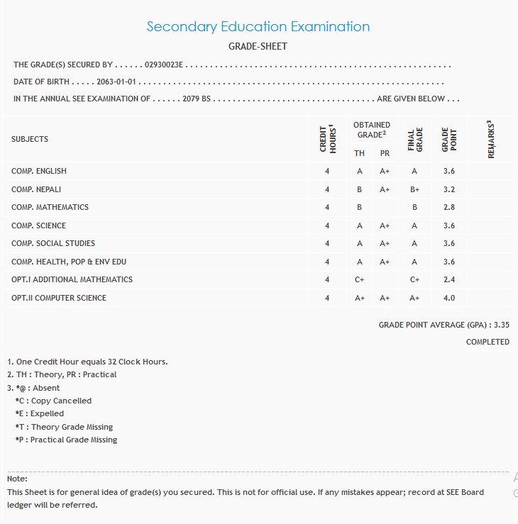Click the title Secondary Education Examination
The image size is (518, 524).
point(258,27)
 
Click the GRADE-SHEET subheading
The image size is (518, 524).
point(258,47)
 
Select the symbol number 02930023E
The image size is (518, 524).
point(164,65)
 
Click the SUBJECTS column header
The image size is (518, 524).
point(30,139)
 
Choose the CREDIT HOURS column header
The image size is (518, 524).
point(327,139)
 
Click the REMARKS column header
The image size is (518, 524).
point(490,139)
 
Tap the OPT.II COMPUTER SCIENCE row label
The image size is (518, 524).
point(59,298)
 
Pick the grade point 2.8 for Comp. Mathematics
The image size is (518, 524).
point(448,208)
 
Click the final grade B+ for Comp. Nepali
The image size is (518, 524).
point(414,190)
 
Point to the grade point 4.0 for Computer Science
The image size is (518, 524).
point(448,299)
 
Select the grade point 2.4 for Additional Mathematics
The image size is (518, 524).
point(448,280)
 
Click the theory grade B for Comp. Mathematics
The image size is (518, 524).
point(360,208)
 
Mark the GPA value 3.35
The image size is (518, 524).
point(502,325)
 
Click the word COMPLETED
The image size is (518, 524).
point(487,342)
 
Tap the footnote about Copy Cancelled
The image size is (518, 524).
point(53,401)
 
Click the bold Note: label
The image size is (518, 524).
point(17,479)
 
